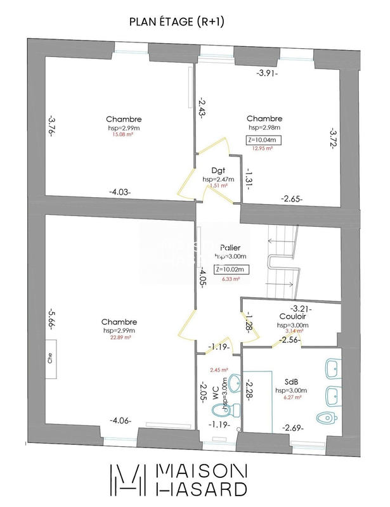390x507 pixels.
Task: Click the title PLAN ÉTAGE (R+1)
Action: point(177,22)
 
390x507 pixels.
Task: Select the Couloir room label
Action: point(294,316)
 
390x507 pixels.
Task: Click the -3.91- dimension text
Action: point(267,74)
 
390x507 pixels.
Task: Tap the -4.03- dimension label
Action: point(120,191)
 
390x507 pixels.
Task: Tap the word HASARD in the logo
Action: point(202,488)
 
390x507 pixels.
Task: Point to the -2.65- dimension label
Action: point(292,198)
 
